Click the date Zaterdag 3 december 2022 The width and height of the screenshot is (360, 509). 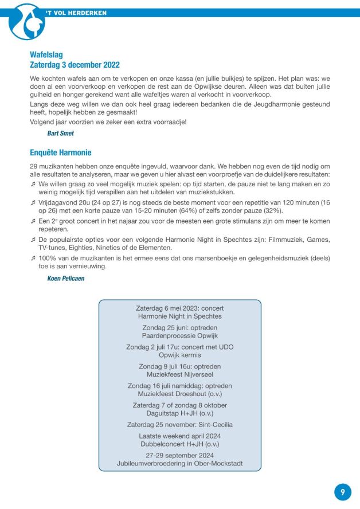[x=75, y=65]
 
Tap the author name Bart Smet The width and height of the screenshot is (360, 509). [x=61, y=133]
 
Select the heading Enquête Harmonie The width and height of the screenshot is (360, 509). [x=61, y=152]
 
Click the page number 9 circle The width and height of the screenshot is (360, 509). [x=342, y=492]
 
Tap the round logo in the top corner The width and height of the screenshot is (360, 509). [x=27, y=21]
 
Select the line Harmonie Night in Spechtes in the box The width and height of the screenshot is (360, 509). [x=179, y=316]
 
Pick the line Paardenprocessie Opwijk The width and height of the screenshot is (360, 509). [x=179, y=335]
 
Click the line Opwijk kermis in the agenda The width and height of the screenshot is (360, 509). [x=179, y=355]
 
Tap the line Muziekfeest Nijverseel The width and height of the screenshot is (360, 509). [x=179, y=374]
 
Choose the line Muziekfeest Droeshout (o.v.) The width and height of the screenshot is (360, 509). [x=179, y=394]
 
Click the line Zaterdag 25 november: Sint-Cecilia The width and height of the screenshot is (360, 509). [x=179, y=425]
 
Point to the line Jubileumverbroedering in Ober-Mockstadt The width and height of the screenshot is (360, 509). [x=179, y=463]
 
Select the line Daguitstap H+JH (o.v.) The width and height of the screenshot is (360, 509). [x=179, y=413]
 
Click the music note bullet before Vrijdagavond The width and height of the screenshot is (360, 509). [x=33, y=203]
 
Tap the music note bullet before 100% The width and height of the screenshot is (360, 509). [x=33, y=259]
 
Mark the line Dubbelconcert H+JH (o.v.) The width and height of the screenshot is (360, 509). [x=179, y=444]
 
